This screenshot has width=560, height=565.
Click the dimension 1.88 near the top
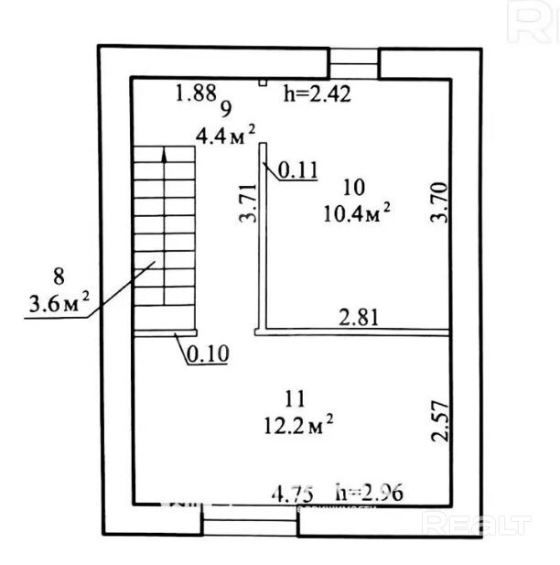coord(195,92)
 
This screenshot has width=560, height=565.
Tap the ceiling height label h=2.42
coord(318,92)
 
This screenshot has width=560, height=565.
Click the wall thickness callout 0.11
coord(296,169)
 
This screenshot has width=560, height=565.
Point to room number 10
coord(353,188)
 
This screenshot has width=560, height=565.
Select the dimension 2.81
coord(360,318)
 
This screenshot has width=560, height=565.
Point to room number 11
coord(294,399)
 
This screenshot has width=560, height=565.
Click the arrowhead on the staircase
coord(165,157)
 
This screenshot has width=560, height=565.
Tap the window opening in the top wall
coord(353,63)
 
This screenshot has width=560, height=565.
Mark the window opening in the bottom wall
coord(249,523)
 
